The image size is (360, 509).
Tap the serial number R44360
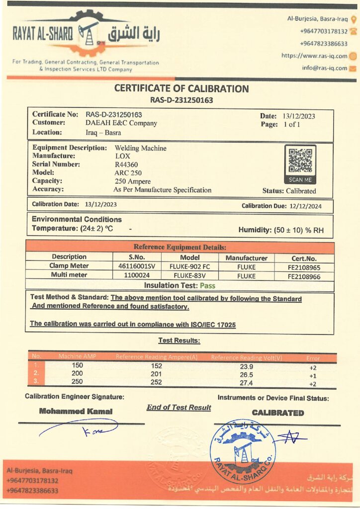127,164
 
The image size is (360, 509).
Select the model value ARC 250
128,172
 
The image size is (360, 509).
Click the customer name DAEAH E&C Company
121,123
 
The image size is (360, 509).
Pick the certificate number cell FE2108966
304,275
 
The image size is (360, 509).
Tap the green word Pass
207,285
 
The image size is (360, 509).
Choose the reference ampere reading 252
156,382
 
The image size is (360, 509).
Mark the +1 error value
313,375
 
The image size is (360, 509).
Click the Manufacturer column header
246,257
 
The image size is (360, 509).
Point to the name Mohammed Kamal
76,411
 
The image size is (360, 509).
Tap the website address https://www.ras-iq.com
314,56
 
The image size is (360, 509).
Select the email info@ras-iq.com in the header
324,68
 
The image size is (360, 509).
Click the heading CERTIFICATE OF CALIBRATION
181,89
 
